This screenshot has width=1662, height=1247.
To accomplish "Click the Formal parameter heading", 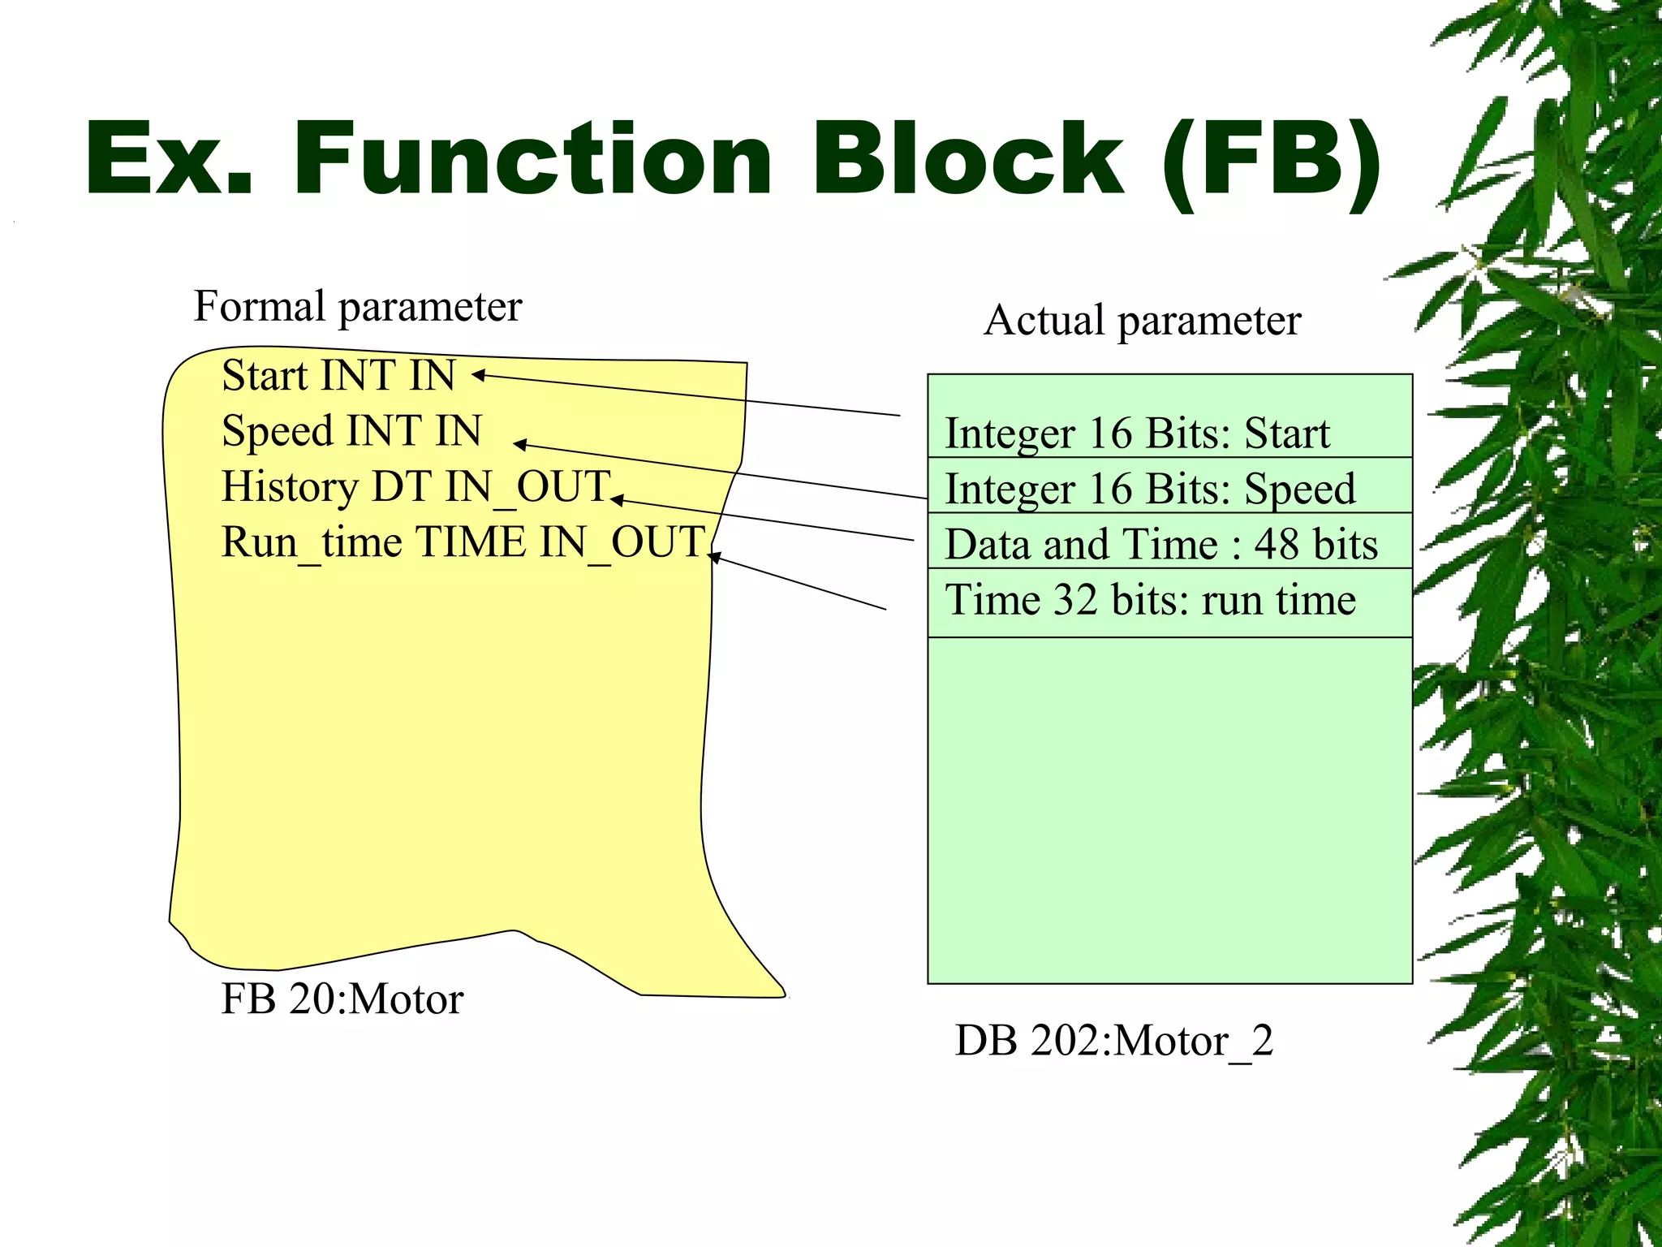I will pos(357,307).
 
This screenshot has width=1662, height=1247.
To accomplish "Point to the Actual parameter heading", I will pos(1142,321).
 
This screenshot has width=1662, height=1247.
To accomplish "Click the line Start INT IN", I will pos(338,376).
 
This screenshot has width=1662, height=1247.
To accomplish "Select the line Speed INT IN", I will pos(351,431).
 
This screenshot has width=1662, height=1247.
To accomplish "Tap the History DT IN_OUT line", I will pos(415,487).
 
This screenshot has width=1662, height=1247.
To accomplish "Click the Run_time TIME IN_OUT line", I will pos(463,542).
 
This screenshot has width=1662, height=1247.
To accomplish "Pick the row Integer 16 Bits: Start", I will pos(1137,434).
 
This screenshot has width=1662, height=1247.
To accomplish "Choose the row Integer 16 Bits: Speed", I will pos(1150,489).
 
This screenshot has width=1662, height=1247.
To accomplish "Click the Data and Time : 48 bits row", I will pos(1161,544).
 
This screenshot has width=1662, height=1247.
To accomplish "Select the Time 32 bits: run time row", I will pos(1150,601).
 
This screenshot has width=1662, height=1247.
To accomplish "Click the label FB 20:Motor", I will pos(342,999).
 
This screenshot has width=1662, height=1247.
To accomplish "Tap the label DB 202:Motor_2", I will pos(1113,1041).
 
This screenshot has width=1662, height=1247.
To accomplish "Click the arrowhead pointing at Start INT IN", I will pos(477,374).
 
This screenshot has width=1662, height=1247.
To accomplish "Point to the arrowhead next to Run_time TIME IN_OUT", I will pos(713,556).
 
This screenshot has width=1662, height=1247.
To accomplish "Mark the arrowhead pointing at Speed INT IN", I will pos(519,444).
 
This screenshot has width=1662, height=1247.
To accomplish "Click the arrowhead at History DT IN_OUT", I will pos(616,500).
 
